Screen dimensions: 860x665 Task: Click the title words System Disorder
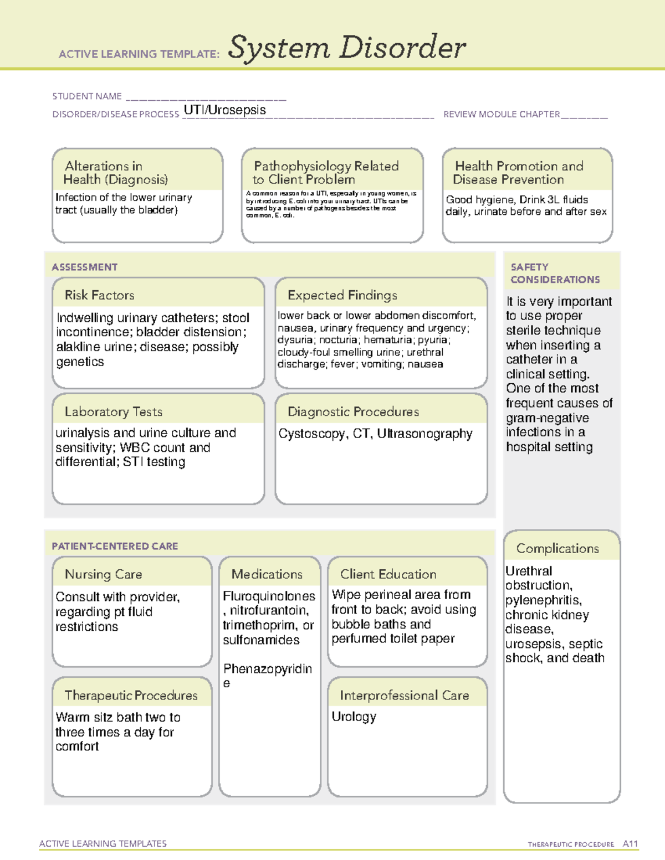[346, 48]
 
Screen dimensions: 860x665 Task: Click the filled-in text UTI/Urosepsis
[224, 110]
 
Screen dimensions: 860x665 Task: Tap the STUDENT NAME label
[87, 96]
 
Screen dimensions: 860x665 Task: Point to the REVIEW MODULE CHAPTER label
[502, 114]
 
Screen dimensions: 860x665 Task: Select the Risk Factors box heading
[99, 295]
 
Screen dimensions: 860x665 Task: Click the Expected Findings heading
[342, 295]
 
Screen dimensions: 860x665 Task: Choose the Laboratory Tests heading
[113, 411]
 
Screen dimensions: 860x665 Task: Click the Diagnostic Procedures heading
[353, 411]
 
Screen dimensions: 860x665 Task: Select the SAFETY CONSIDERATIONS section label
[555, 274]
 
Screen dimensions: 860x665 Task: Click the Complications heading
[557, 548]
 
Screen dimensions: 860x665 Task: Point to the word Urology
[354, 717]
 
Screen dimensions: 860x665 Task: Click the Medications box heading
[267, 574]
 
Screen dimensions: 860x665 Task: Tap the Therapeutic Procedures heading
[131, 695]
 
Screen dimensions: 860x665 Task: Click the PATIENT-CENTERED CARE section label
[115, 546]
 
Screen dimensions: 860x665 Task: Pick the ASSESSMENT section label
[84, 267]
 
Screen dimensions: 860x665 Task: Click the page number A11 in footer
[630, 844]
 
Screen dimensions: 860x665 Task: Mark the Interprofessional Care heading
[404, 695]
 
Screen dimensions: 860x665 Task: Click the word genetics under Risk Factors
[80, 362]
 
